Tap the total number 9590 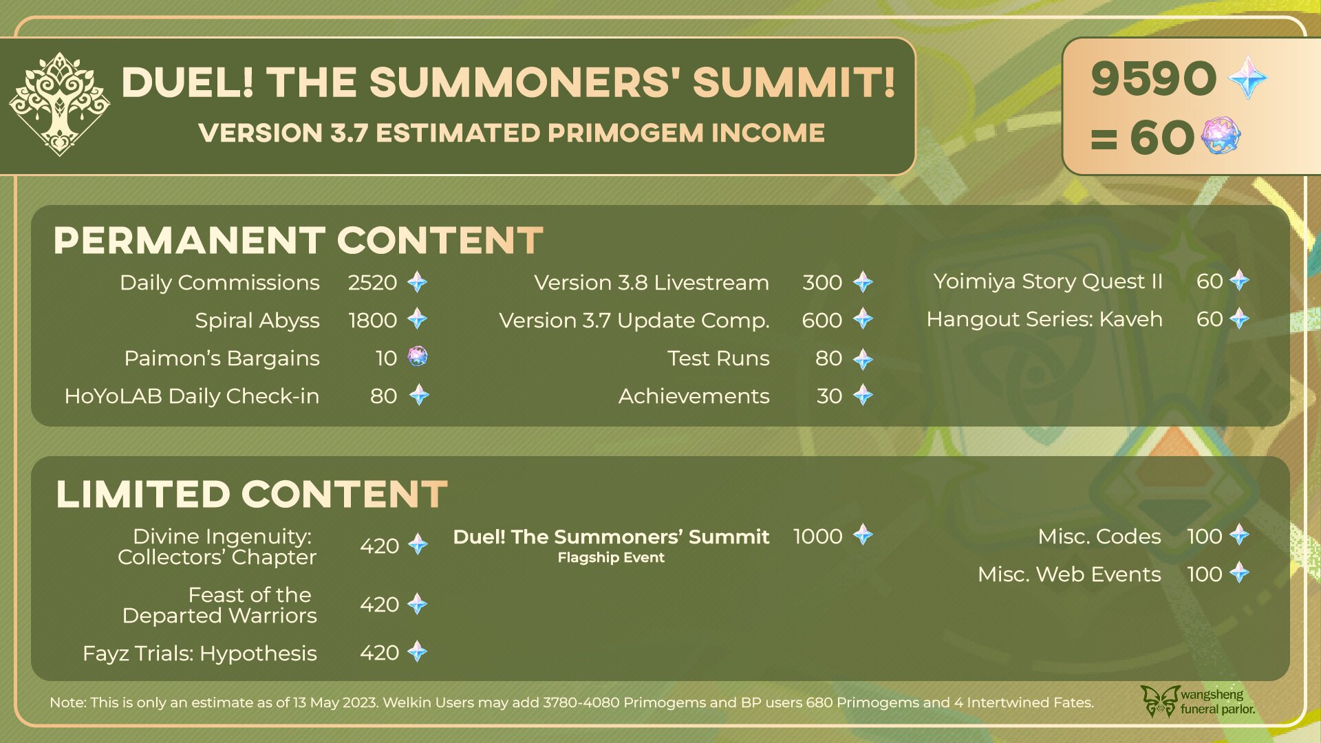pyautogui.click(x=1154, y=78)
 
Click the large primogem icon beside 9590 pyautogui.click(x=1248, y=78)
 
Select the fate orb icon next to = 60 pyautogui.click(x=1221, y=136)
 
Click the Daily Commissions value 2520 pyautogui.click(x=372, y=283)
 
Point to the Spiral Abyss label pyautogui.click(x=257, y=321)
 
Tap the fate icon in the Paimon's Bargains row pyautogui.click(x=418, y=357)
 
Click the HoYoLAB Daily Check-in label pyautogui.click(x=192, y=396)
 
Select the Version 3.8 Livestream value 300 pyautogui.click(x=822, y=283)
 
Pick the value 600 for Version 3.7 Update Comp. pyautogui.click(x=822, y=321)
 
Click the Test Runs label pyautogui.click(x=718, y=358)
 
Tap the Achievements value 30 pyautogui.click(x=830, y=396)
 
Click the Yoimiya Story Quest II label pyautogui.click(x=1048, y=281)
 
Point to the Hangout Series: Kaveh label pyautogui.click(x=1044, y=319)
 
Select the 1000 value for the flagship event pyautogui.click(x=818, y=537)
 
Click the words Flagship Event pyautogui.click(x=611, y=558)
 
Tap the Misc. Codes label pyautogui.click(x=1099, y=537)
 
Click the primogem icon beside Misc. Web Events pyautogui.click(x=1239, y=572)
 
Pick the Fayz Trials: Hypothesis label pyautogui.click(x=200, y=654)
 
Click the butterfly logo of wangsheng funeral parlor pyautogui.click(x=1160, y=701)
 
